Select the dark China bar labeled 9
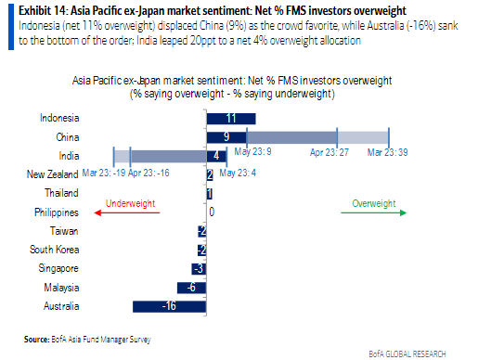click(x=226, y=136)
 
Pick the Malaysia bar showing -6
click(x=197, y=288)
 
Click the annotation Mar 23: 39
click(x=390, y=150)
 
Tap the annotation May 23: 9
click(x=253, y=150)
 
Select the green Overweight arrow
click(x=373, y=212)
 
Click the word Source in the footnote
click(x=37, y=338)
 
